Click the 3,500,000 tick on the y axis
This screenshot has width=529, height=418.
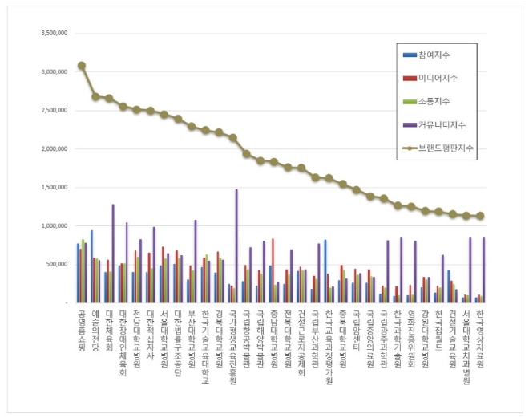[48, 34]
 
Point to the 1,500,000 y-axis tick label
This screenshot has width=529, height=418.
[48, 188]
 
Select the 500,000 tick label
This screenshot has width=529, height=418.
[53, 264]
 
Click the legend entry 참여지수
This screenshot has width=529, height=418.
[434, 55]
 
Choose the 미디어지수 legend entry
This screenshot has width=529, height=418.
[437, 78]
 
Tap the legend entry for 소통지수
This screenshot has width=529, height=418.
[434, 101]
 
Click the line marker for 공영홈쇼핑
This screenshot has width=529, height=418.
[81, 66]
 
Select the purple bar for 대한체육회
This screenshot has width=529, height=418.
[113, 254]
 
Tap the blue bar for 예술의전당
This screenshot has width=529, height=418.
[91, 266]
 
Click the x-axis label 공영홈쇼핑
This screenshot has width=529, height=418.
[81, 329]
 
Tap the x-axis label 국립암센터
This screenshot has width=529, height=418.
[356, 325]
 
